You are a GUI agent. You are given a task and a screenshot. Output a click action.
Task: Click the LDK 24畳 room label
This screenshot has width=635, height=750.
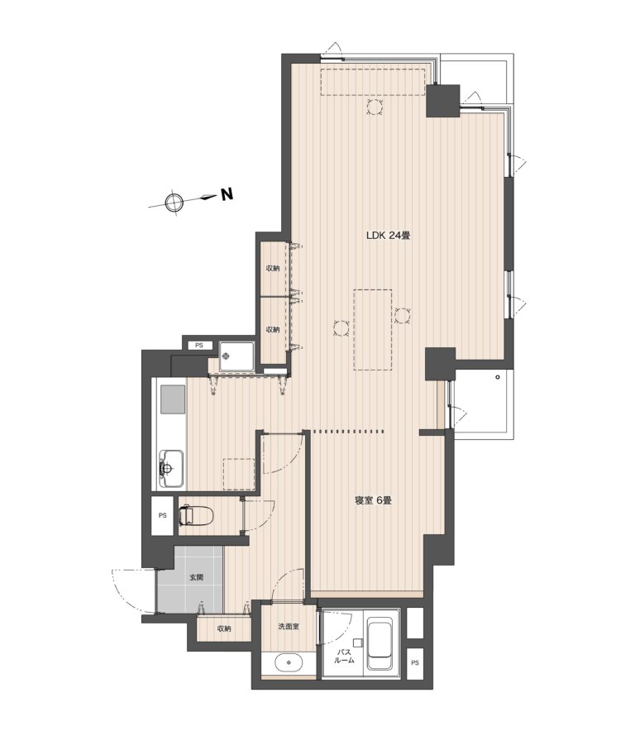(x=389, y=236)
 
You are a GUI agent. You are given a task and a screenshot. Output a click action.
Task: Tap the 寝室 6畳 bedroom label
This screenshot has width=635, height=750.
(x=373, y=501)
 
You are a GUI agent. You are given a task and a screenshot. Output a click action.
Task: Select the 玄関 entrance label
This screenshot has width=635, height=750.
(x=196, y=577)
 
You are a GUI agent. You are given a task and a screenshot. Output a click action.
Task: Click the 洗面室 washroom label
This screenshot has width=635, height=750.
(x=289, y=626)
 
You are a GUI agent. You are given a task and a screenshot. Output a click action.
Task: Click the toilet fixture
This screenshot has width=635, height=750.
(x=196, y=515)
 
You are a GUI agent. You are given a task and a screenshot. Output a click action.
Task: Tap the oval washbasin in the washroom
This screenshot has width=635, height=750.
(x=289, y=663)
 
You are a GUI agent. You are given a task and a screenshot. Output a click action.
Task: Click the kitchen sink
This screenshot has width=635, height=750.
(x=171, y=468)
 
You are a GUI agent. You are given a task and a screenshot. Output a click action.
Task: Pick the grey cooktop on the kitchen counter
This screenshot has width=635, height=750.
(x=173, y=399)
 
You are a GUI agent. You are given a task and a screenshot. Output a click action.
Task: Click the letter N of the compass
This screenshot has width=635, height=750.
(x=227, y=194)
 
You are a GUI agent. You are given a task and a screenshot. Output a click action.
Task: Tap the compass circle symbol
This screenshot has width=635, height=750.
(x=174, y=203)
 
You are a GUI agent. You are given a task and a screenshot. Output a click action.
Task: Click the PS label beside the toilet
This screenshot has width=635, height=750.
(x=163, y=516)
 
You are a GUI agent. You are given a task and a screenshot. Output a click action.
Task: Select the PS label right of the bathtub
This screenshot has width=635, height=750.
(x=414, y=663)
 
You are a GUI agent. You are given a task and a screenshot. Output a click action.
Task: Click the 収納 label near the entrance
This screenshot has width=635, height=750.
(x=224, y=628)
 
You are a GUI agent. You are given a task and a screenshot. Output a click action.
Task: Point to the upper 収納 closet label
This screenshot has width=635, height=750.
(x=273, y=268)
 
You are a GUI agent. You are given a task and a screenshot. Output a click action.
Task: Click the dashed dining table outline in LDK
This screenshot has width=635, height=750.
(x=373, y=330)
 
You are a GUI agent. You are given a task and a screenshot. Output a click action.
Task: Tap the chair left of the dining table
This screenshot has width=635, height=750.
(x=341, y=329)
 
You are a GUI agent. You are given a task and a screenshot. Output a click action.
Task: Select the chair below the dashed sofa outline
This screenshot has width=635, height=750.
(x=375, y=107)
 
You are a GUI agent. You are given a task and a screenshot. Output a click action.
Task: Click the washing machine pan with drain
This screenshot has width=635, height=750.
(x=236, y=356)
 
